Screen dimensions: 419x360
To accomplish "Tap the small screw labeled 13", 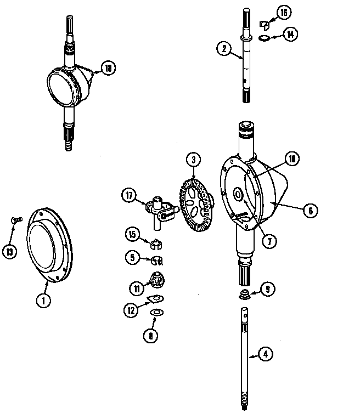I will (15, 220).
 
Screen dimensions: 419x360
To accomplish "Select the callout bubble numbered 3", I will (193, 161).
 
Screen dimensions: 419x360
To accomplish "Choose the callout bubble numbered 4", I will (265, 354).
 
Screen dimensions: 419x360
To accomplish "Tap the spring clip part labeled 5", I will (156, 260).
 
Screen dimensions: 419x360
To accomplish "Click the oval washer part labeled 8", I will (156, 312).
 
